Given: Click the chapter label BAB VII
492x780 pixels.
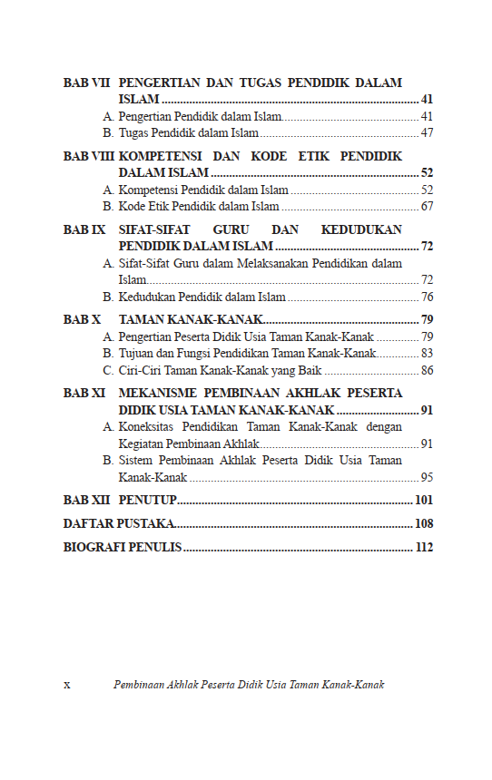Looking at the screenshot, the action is click(x=86, y=83).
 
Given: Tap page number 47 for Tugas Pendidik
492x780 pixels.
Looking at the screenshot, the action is click(x=427, y=133).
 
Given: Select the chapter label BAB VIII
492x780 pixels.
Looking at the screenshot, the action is click(x=89, y=156).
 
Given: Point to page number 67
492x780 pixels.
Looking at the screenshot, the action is click(x=427, y=207).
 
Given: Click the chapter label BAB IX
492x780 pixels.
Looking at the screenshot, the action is click(x=84, y=229).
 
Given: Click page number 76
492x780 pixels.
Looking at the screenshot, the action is click(x=427, y=297).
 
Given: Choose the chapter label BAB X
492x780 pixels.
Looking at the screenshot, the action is click(x=82, y=319).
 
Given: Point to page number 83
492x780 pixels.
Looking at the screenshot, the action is click(x=427, y=353).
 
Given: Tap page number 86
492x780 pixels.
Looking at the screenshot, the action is click(x=427, y=370).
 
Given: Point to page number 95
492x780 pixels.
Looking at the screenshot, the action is click(x=427, y=477).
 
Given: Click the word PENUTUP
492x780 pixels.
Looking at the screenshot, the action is click(x=147, y=500).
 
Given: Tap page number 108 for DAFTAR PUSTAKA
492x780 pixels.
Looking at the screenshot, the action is click(x=423, y=523).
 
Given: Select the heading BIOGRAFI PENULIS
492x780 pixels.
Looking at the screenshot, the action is click(x=123, y=547).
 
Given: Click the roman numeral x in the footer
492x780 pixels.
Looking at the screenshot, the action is click(x=66, y=685).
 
